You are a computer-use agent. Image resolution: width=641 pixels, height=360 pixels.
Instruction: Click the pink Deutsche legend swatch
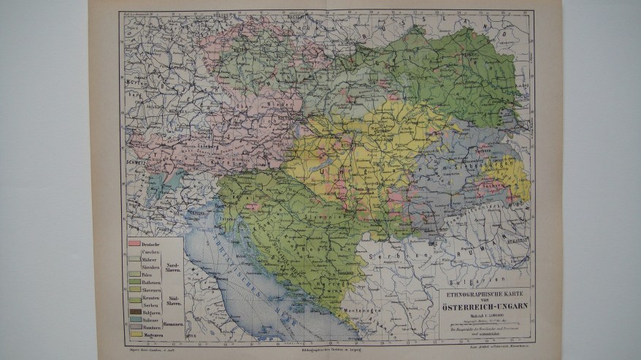(133, 242)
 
